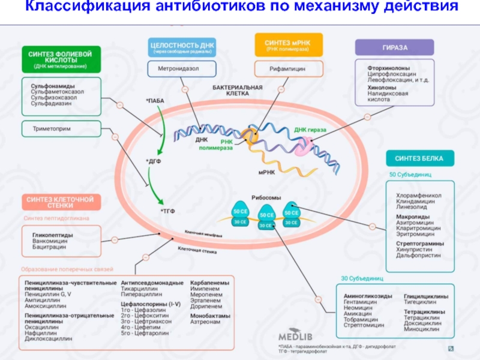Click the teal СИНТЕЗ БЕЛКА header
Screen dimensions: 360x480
419,158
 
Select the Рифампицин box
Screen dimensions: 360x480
288,69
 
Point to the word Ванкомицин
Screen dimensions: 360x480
49,241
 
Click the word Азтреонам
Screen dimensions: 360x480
205,322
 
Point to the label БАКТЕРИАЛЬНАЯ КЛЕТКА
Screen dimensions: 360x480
238,91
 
